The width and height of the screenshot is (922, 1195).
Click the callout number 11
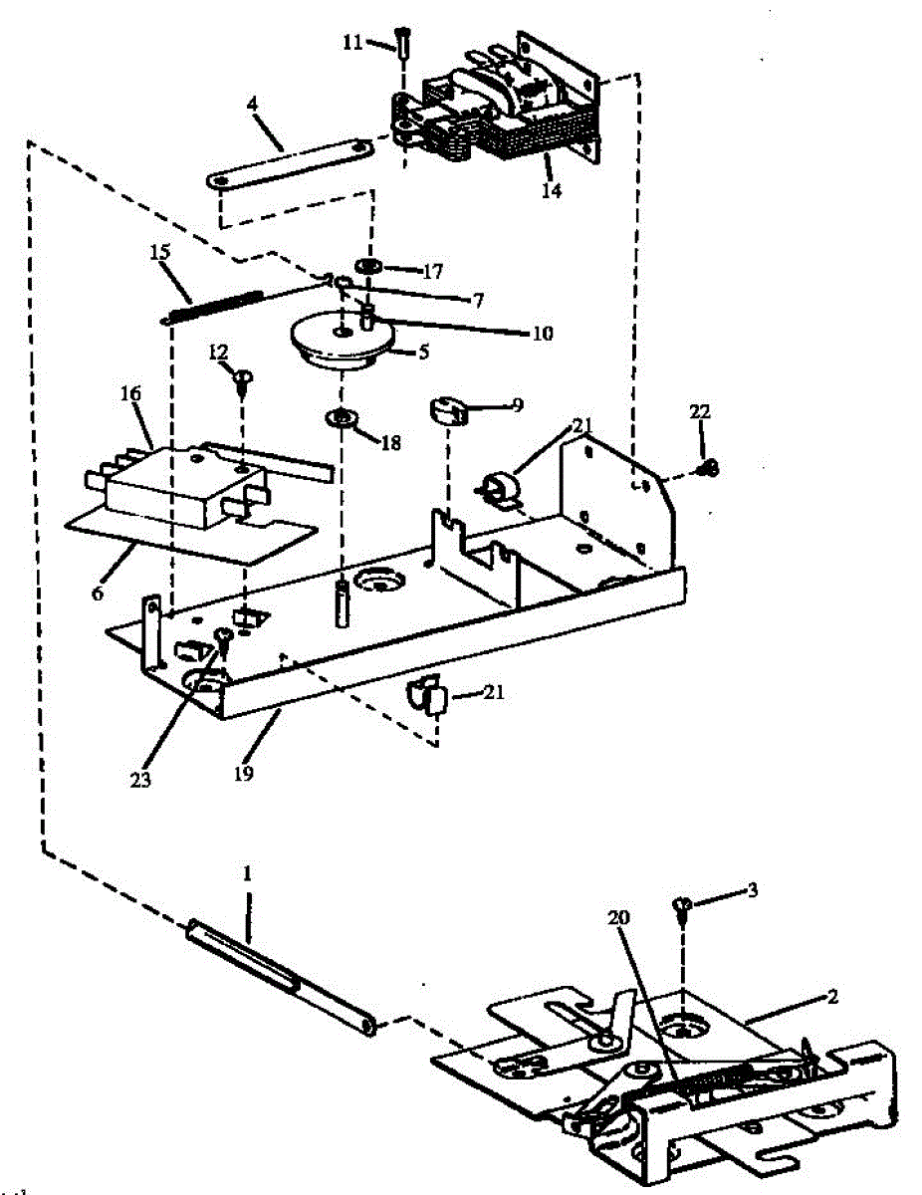click(x=352, y=43)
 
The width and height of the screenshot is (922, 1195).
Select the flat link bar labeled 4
click(x=289, y=163)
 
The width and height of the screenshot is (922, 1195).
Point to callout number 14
click(x=551, y=190)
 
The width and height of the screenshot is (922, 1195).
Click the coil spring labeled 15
click(x=214, y=305)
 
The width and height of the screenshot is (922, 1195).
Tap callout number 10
click(x=542, y=333)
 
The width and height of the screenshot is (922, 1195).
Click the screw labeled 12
click(x=244, y=376)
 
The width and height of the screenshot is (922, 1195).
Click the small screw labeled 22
click(x=709, y=466)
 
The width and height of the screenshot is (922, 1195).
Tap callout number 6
click(x=97, y=593)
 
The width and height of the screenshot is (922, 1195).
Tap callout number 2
click(x=832, y=994)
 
